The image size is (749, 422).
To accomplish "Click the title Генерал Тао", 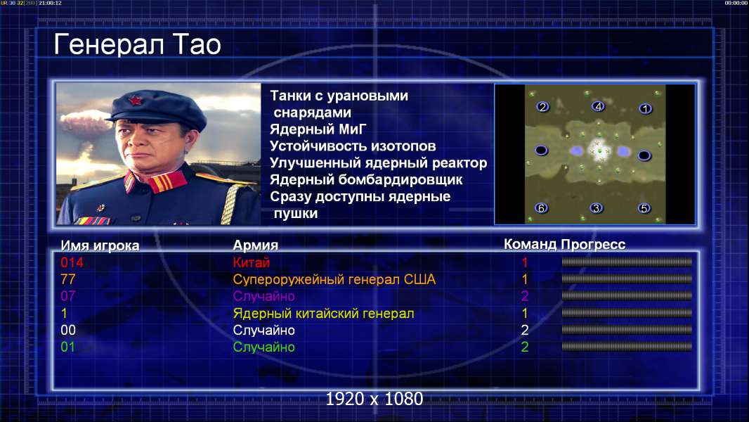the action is pyautogui.click(x=137, y=44).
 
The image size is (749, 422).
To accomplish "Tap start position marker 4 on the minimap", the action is pyautogui.click(x=598, y=106).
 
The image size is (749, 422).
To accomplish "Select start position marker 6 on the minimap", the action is pyautogui.click(x=541, y=208).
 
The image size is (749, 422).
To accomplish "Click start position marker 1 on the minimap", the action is pyautogui.click(x=645, y=109).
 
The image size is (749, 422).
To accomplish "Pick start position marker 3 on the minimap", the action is pyautogui.click(x=596, y=208).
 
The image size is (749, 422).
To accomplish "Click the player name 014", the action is pyautogui.click(x=72, y=262).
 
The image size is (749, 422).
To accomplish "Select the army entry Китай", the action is pyautogui.click(x=252, y=262).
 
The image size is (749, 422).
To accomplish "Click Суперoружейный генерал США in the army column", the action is pyautogui.click(x=334, y=279).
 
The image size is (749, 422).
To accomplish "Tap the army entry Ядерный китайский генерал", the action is pyautogui.click(x=323, y=314).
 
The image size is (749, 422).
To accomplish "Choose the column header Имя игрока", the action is pyautogui.click(x=100, y=245).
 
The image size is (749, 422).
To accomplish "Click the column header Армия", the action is pyautogui.click(x=256, y=245).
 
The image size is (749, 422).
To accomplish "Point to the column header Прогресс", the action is pyautogui.click(x=593, y=245).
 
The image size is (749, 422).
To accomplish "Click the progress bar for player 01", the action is pyautogui.click(x=627, y=347).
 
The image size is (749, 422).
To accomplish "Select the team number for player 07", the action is pyautogui.click(x=524, y=296).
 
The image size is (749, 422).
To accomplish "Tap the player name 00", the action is pyautogui.click(x=68, y=331).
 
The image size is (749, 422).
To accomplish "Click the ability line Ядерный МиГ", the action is pyautogui.click(x=318, y=129).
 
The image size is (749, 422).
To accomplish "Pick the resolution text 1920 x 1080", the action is pyautogui.click(x=374, y=399).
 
